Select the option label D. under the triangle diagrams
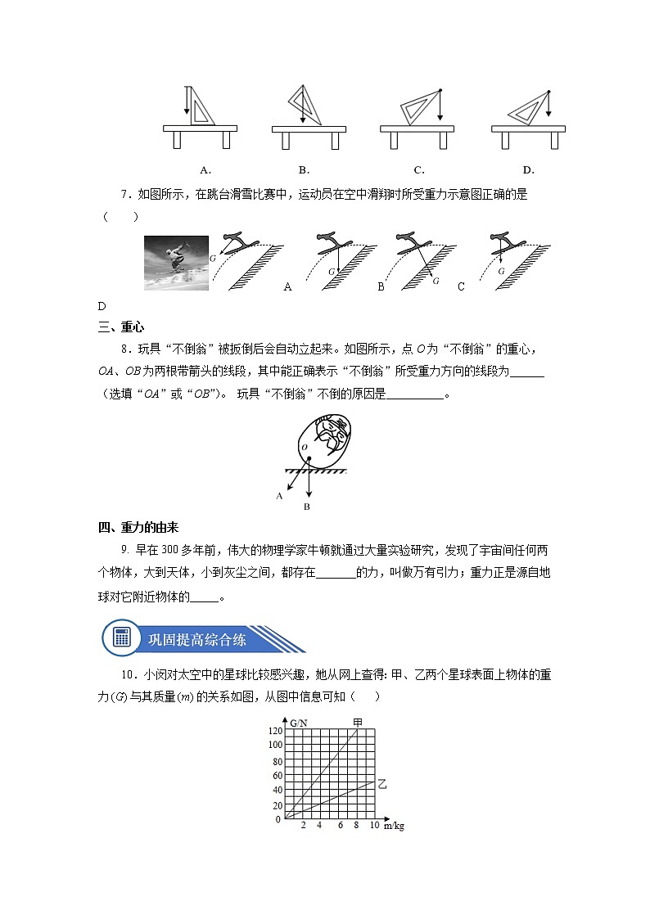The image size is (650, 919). pos(528,170)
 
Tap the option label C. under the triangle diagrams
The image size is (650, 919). pos(418,170)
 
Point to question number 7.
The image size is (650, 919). pos(126,195)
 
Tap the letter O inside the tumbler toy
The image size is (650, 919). pos(304,448)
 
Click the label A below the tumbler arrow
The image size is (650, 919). pos(280,495)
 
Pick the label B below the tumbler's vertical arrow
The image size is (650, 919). pos(306,507)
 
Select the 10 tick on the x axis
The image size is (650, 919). pos(374,825)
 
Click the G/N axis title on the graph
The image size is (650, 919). pos(299,723)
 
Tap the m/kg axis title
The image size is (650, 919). pos(394,826)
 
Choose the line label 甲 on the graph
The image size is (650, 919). pos(358,722)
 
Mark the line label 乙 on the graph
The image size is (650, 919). pos(381,783)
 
